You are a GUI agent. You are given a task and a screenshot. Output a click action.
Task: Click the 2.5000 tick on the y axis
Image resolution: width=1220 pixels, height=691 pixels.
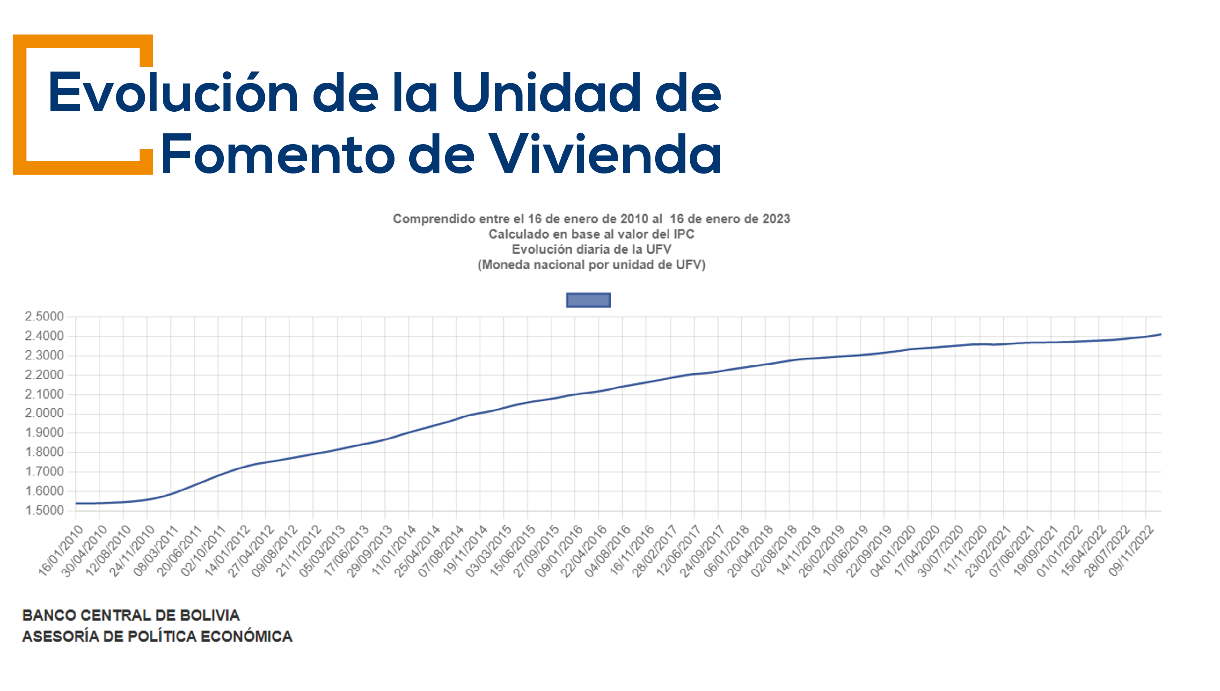tap(44, 317)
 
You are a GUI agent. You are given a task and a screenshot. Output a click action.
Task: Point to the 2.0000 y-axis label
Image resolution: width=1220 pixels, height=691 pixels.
tap(44, 413)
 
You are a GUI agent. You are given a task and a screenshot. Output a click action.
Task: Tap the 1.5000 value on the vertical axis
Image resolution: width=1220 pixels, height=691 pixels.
tap(44, 511)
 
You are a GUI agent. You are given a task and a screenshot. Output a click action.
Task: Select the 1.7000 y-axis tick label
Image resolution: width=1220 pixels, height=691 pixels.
tap(44, 472)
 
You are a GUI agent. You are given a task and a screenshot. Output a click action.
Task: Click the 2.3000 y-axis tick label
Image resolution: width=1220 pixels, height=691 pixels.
tap(44, 356)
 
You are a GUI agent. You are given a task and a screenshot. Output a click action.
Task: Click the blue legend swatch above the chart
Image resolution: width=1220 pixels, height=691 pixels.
tap(588, 300)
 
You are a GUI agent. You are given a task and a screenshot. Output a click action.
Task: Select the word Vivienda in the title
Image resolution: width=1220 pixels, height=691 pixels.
tap(605, 154)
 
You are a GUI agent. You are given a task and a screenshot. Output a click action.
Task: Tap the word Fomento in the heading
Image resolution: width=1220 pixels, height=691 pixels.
tap(278, 154)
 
